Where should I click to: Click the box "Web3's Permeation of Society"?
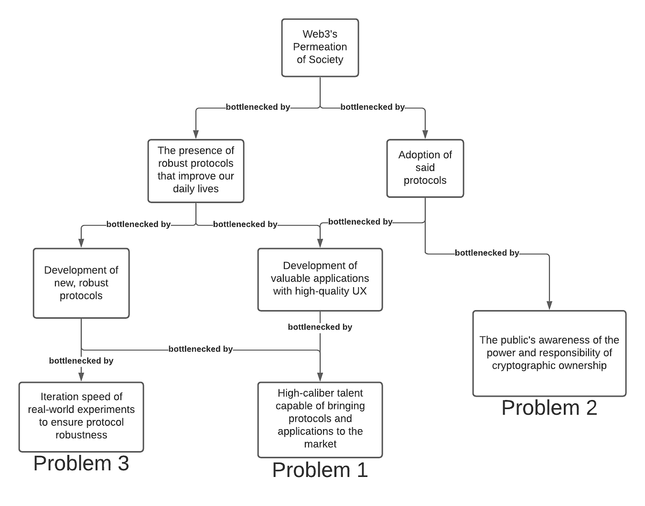[320, 48]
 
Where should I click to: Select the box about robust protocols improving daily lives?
[196, 171]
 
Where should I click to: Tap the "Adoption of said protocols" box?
[425, 168]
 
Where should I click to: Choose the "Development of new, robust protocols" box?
[81, 283]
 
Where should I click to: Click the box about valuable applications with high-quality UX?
[320, 280]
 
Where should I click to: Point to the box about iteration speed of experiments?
[81, 417]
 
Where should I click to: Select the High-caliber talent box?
[320, 419]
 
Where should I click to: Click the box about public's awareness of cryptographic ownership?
[549, 353]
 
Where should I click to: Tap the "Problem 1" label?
[320, 470]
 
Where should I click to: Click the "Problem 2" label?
[549, 408]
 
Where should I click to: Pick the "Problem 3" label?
[81, 463]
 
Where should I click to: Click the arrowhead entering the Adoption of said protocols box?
[425, 134]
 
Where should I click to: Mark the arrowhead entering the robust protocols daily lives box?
[196, 134]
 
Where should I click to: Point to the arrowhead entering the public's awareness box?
[549, 305]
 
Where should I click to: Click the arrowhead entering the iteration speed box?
[81, 377]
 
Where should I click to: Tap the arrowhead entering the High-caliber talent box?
[320, 377]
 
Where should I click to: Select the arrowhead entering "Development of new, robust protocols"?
[81, 243]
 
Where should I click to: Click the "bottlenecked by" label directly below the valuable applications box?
[320, 327]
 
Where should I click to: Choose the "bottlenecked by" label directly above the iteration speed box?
[81, 361]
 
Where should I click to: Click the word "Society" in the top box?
[326, 59]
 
